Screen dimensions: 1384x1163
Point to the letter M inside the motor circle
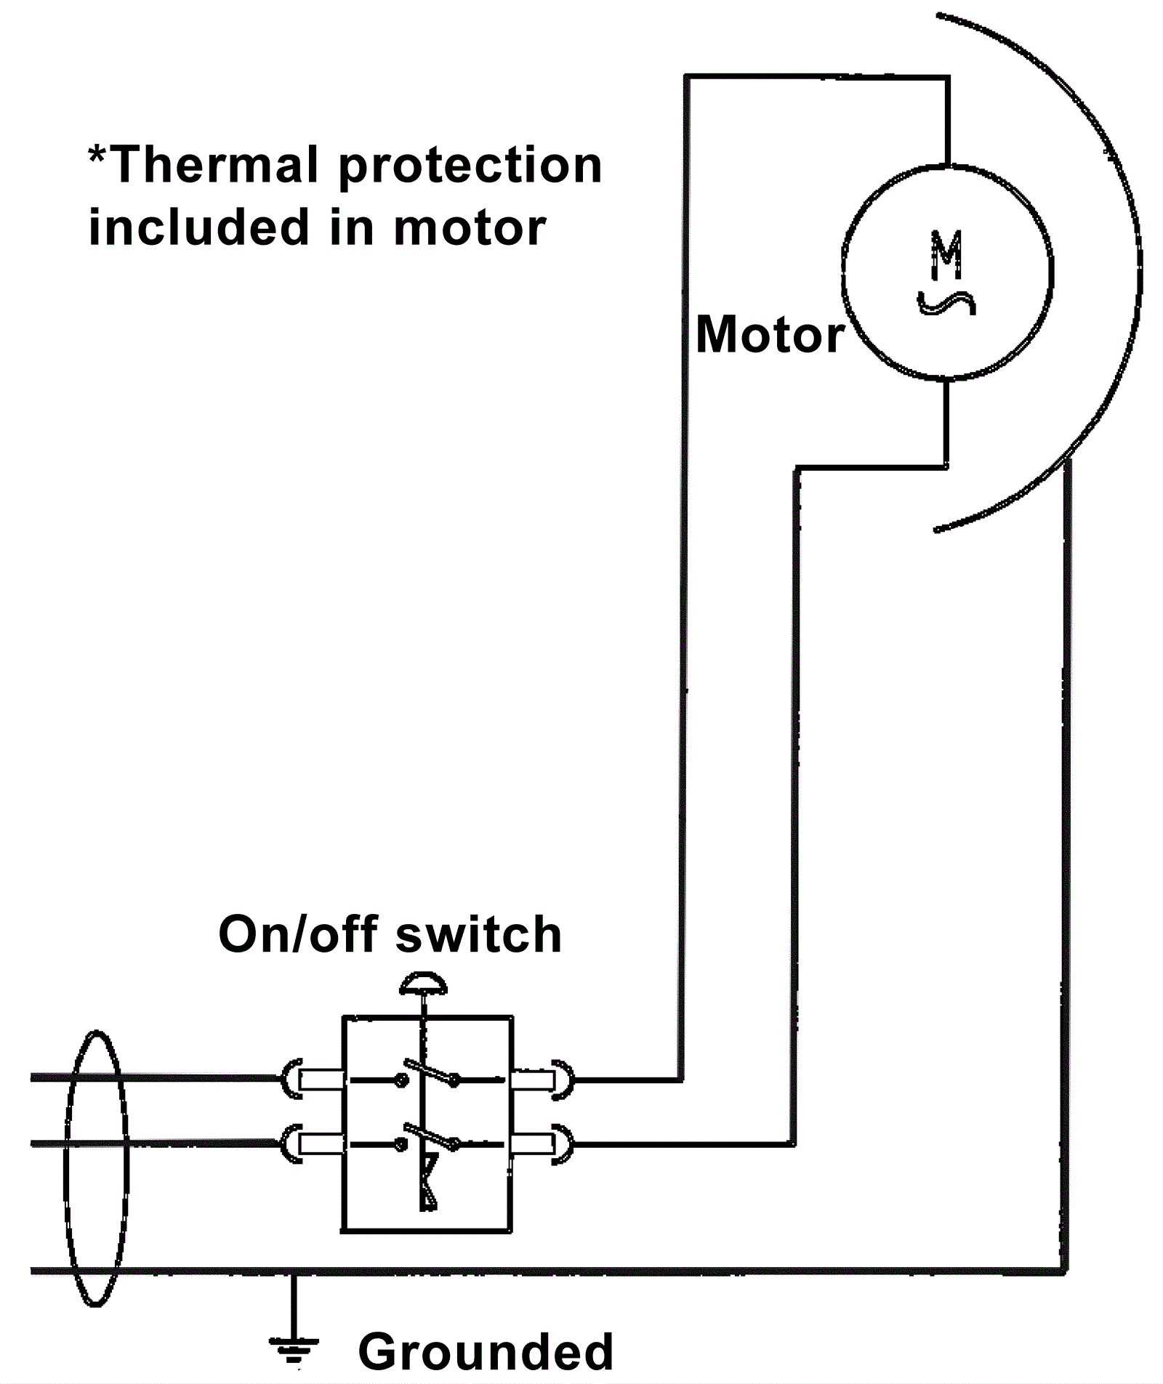coord(947,255)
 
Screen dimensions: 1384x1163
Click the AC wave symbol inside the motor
coord(946,302)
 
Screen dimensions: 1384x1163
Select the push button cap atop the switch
coord(423,984)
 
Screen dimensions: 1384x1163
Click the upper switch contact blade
coord(429,1071)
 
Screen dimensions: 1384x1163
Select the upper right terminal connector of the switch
coord(542,1080)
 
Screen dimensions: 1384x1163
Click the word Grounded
coord(486,1352)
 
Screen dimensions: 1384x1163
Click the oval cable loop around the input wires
coord(97,1170)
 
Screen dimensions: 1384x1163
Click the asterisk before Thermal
coord(97,154)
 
